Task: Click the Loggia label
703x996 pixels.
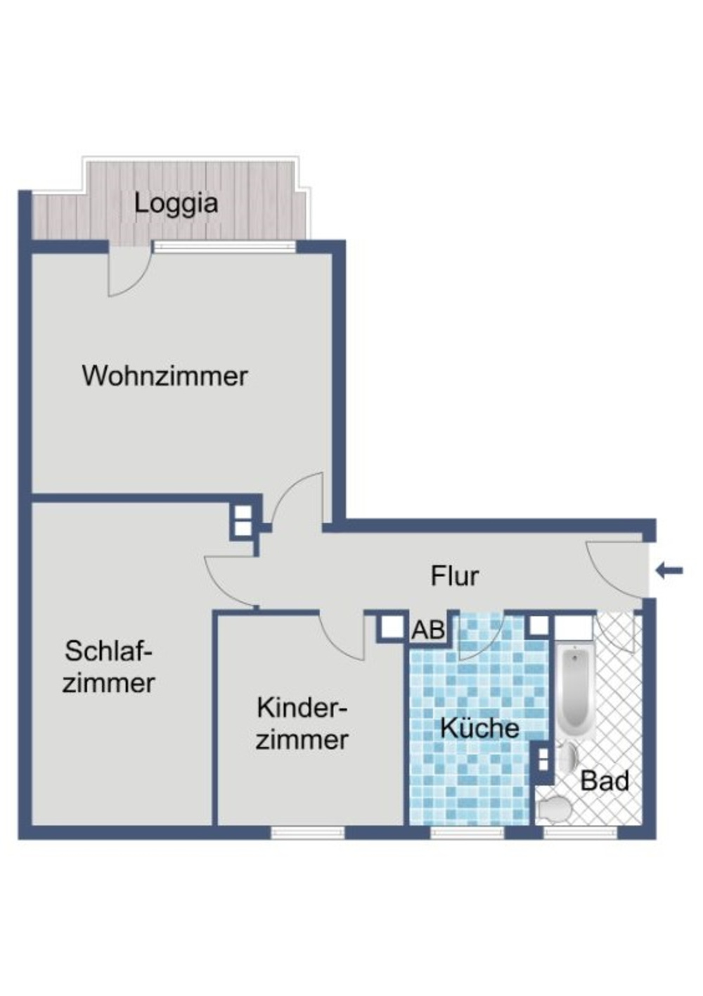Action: pyautogui.click(x=176, y=204)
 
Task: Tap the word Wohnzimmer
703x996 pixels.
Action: pyautogui.click(x=165, y=376)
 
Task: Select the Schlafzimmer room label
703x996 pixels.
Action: pyautogui.click(x=109, y=667)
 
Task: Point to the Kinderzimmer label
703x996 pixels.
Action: pyautogui.click(x=302, y=724)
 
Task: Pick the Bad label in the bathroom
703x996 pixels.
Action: pyautogui.click(x=605, y=781)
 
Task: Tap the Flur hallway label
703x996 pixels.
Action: pyautogui.click(x=454, y=576)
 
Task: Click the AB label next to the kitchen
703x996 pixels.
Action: pyautogui.click(x=428, y=630)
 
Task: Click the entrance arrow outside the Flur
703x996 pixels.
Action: pyautogui.click(x=669, y=570)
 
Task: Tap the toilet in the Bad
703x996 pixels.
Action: pyautogui.click(x=553, y=809)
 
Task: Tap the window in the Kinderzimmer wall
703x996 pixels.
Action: pyautogui.click(x=308, y=833)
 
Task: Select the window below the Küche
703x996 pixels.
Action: pyautogui.click(x=467, y=833)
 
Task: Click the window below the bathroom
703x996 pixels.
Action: pyautogui.click(x=580, y=833)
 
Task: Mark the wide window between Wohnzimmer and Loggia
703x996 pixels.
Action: pyautogui.click(x=224, y=247)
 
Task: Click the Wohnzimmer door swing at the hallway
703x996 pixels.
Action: pyautogui.click(x=299, y=499)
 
